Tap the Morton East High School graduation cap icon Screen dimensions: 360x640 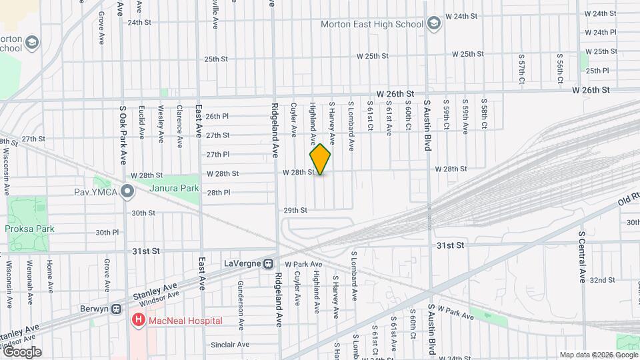435,24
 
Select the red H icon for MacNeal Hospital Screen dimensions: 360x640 138,321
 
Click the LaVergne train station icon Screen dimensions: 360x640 269,264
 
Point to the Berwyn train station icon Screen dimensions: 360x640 116,309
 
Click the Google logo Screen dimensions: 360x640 22,351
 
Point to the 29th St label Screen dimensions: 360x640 295,210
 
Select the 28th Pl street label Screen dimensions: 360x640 218,193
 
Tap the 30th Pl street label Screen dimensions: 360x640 107,233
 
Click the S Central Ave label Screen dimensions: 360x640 582,257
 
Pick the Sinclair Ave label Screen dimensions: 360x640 230,345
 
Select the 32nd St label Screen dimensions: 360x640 601,280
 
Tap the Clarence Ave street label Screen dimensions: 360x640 180,121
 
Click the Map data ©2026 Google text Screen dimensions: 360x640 597,355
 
